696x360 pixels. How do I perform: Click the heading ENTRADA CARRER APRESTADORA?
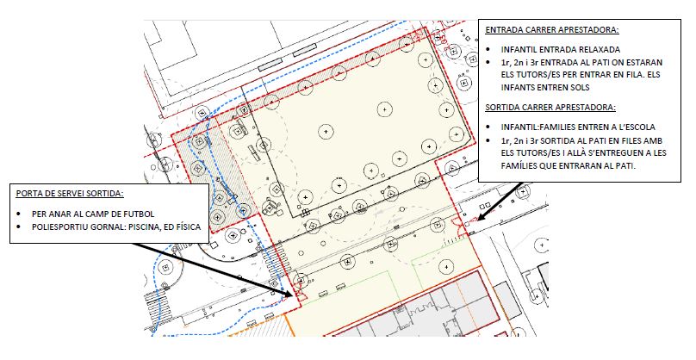[552, 30]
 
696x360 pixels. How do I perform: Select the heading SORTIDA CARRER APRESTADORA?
[550, 108]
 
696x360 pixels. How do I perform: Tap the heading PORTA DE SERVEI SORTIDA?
[70, 194]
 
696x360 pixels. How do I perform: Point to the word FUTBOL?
[140, 214]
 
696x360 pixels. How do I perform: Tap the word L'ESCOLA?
[636, 127]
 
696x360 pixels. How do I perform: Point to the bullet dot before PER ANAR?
[19, 214]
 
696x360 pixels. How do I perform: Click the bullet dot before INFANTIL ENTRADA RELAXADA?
[488, 50]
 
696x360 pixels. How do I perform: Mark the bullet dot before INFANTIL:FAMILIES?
[488, 127]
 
